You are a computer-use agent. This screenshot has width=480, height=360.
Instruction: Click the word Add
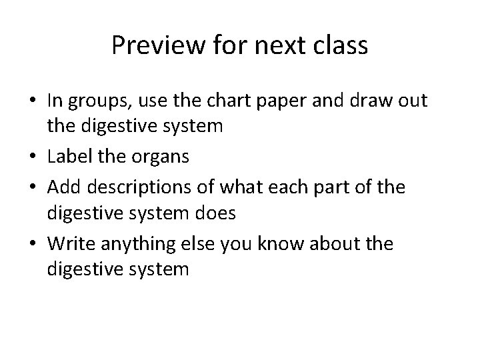point(62,187)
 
